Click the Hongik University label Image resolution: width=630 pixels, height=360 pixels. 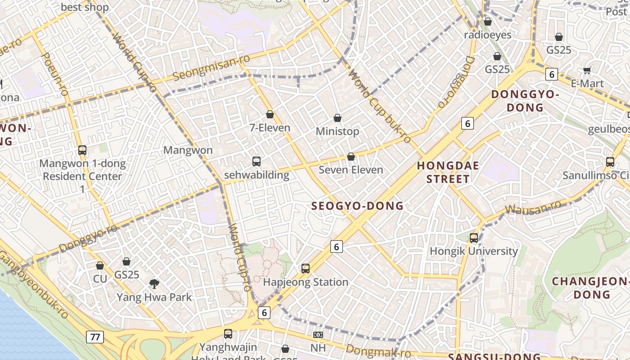pyautogui.click(x=474, y=251)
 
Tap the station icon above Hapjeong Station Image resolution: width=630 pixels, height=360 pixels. pyautogui.click(x=306, y=269)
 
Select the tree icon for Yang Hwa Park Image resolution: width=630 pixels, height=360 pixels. pyautogui.click(x=154, y=283)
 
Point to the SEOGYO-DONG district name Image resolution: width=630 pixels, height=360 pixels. pyautogui.click(x=358, y=206)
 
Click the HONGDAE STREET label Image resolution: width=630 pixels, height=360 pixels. pyautogui.click(x=448, y=172)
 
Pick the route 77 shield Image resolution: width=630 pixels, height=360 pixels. pyautogui.click(x=95, y=337)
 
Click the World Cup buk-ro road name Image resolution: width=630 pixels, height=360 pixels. pyautogui.click(x=380, y=107)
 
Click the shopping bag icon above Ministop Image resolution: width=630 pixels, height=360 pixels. pyautogui.click(x=337, y=118)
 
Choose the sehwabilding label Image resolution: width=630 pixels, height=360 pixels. pyautogui.click(x=256, y=175)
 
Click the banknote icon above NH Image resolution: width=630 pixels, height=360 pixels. pyautogui.click(x=318, y=335)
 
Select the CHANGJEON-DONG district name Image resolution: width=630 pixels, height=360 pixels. pyautogui.click(x=590, y=288)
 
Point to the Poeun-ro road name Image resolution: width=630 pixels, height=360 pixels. pyautogui.click(x=54, y=74)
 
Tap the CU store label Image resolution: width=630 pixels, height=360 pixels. pyautogui.click(x=100, y=279)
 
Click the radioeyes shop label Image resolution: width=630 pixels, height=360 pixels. pyautogui.click(x=487, y=35)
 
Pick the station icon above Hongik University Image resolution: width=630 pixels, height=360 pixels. pyautogui.click(x=474, y=238)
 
